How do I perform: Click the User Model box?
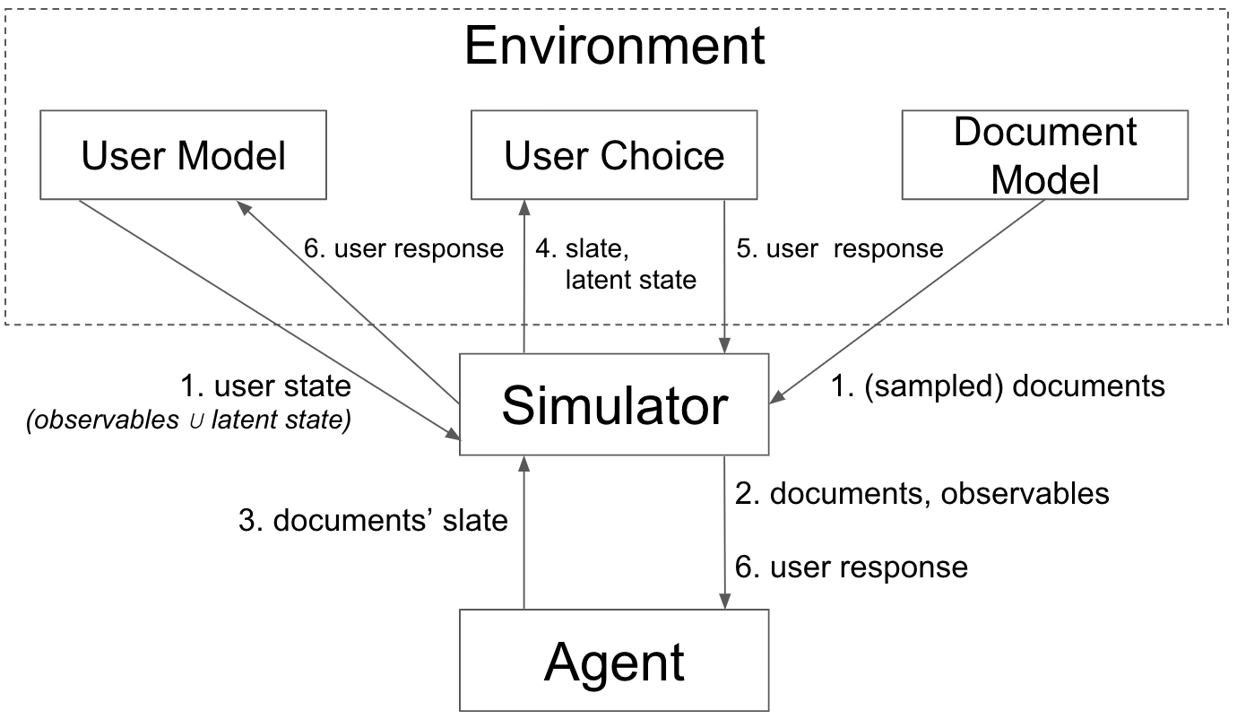tap(183, 155)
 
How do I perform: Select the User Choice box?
tap(614, 155)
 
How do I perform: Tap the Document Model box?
tap(1044, 155)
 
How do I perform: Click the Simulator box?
tap(614, 405)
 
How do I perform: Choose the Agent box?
tap(614, 661)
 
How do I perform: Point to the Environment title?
tap(615, 46)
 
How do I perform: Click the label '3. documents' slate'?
tap(373, 520)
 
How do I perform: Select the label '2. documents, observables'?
tap(921, 493)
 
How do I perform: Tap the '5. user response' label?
tap(840, 248)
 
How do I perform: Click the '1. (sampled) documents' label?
tap(998, 385)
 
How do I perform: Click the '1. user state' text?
tap(265, 386)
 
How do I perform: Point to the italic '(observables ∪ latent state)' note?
tap(189, 420)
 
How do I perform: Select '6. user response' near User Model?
tap(403, 248)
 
